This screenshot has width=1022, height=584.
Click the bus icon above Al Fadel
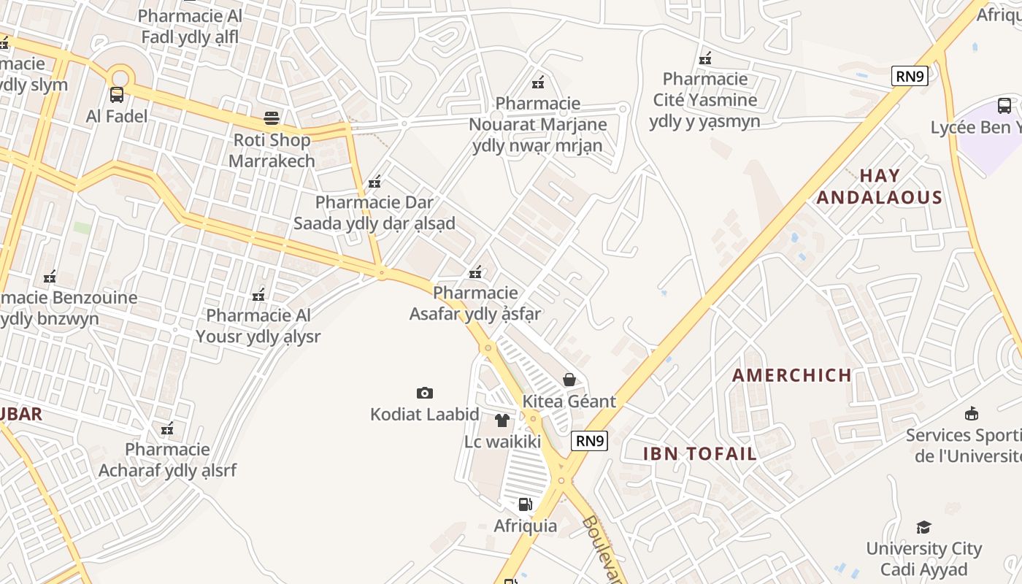116,94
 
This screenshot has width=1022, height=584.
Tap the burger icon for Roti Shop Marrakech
272,118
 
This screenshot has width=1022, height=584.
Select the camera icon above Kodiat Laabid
425,393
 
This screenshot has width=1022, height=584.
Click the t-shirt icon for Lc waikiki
502,420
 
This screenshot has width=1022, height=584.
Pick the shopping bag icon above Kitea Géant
569,380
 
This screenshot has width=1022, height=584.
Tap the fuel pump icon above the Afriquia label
525,504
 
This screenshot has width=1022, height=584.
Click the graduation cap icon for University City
924,527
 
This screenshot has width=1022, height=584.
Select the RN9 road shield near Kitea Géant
590,440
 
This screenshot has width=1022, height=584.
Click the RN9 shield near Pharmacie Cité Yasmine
910,76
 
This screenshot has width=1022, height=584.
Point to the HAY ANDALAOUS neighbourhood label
880,186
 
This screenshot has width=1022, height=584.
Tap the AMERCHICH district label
792,375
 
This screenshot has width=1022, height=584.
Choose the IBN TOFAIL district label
700,453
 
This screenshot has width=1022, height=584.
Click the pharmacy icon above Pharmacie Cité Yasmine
705,58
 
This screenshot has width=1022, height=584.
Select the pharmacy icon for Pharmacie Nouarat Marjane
538,82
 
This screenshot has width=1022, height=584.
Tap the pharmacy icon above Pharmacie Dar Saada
374,182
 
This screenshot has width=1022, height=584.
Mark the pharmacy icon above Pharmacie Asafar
475,272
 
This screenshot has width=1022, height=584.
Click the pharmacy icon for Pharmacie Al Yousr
258,295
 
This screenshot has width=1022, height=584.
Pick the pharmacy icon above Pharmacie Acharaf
167,429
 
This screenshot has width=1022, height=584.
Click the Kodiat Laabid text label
425,415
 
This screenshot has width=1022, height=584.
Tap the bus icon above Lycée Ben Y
1004,106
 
